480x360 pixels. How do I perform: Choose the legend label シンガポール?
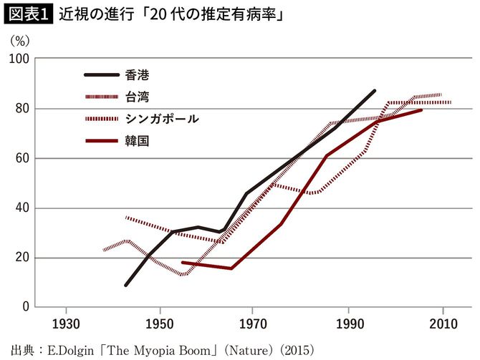pyautogui.click(x=166, y=118)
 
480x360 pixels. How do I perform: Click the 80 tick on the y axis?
pyautogui.click(x=21, y=109)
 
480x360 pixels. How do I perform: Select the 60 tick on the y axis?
pyautogui.click(x=21, y=158)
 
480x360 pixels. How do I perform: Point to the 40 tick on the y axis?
pyautogui.click(x=21, y=208)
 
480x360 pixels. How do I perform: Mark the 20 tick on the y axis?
pyautogui.click(x=21, y=258)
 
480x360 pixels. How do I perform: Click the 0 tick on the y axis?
pyautogui.click(x=24, y=307)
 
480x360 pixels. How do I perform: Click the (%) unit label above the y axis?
pyautogui.click(x=19, y=41)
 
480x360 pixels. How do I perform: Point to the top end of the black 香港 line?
pyautogui.click(x=375, y=91)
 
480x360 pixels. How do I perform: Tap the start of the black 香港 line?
pyautogui.click(x=125, y=285)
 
